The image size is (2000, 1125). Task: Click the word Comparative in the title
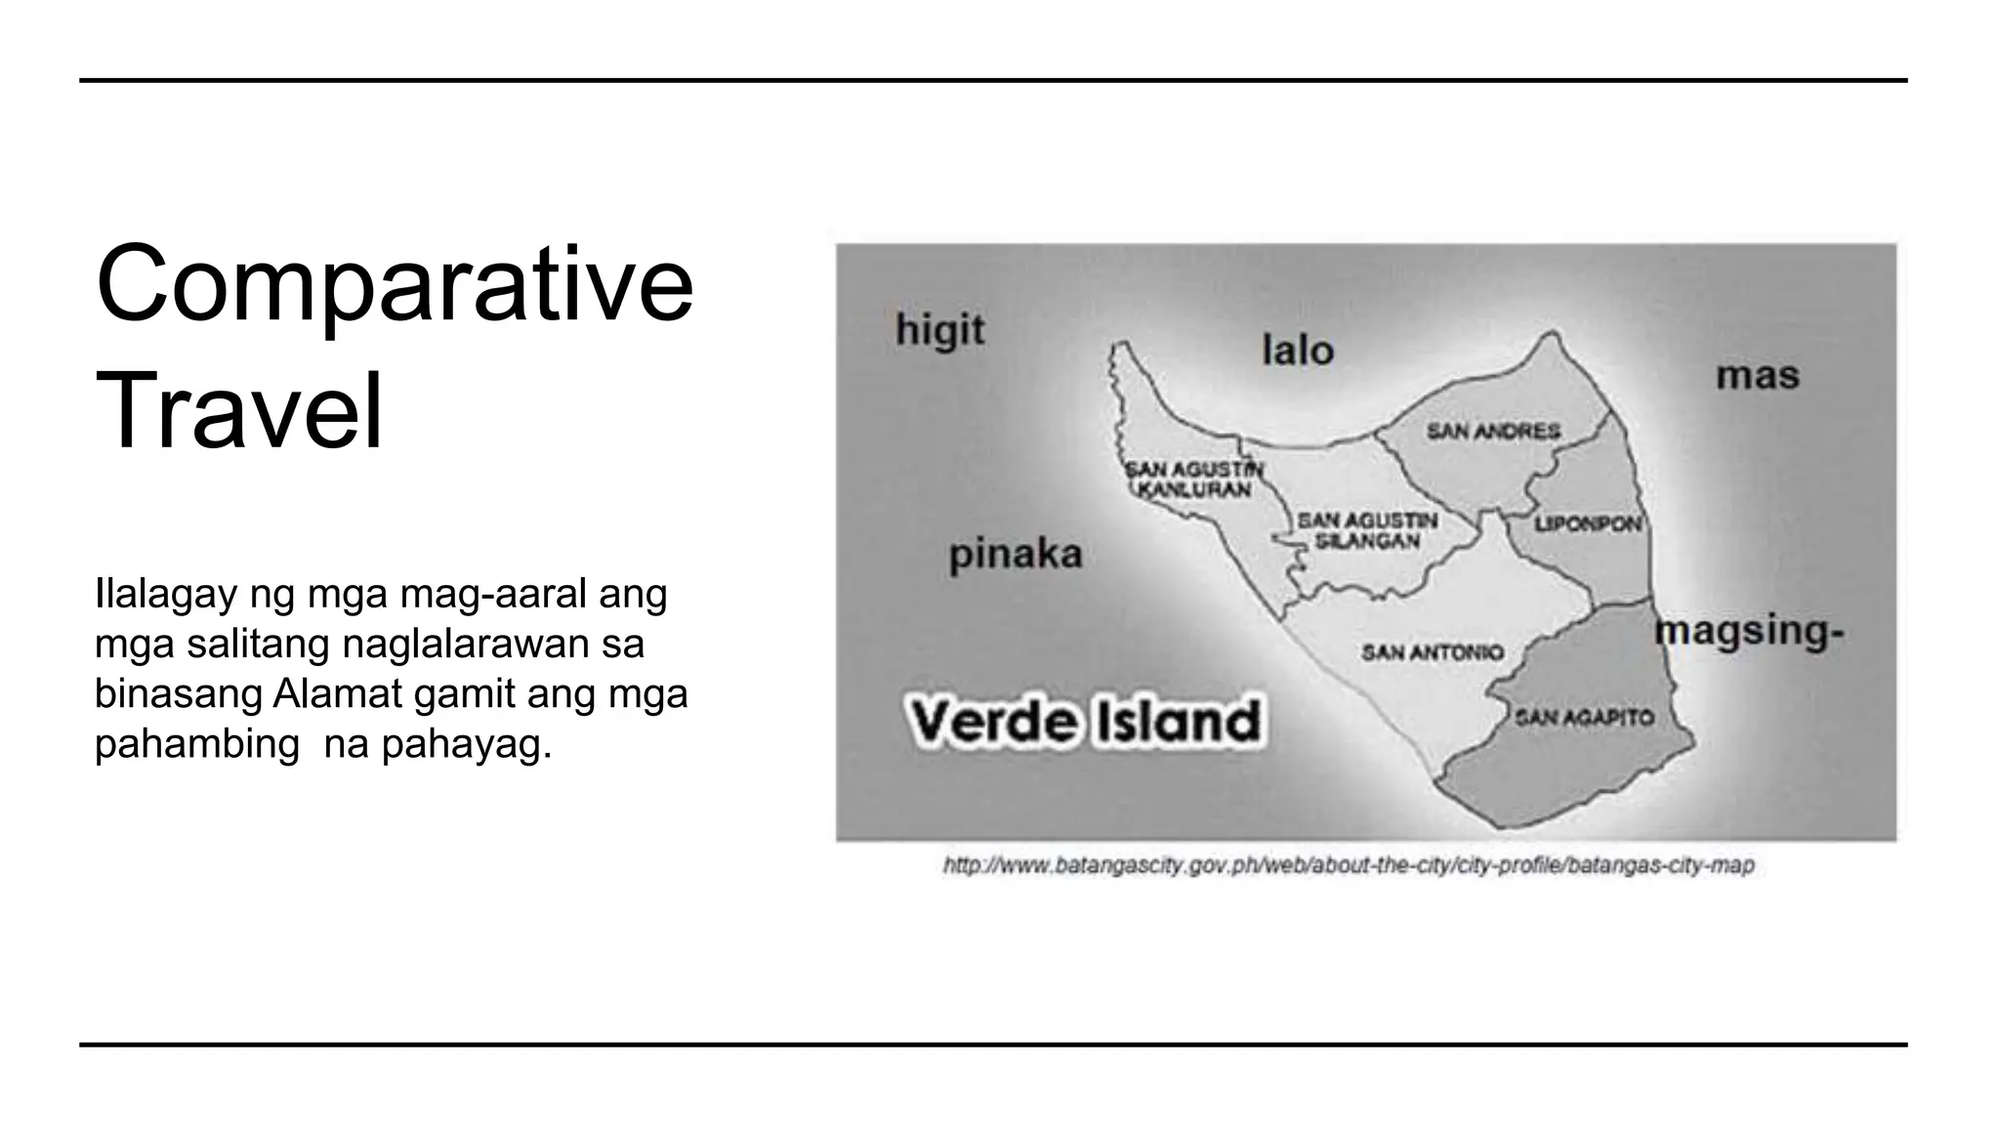click(x=395, y=286)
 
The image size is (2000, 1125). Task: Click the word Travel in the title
click(x=239, y=411)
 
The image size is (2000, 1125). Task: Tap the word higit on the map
click(x=939, y=332)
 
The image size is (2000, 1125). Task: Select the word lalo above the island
click(x=1297, y=351)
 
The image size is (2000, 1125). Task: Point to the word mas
click(x=1757, y=376)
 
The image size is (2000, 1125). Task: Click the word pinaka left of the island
click(x=1016, y=555)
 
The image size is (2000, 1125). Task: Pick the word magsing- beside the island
click(x=1749, y=631)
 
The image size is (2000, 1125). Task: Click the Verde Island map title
click(x=1084, y=722)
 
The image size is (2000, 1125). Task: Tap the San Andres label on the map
click(x=1493, y=431)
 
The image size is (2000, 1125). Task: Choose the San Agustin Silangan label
click(x=1366, y=530)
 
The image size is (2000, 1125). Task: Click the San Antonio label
click(x=1433, y=651)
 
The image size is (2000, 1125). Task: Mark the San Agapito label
click(x=1584, y=718)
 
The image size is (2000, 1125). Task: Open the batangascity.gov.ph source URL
click(x=1349, y=865)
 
